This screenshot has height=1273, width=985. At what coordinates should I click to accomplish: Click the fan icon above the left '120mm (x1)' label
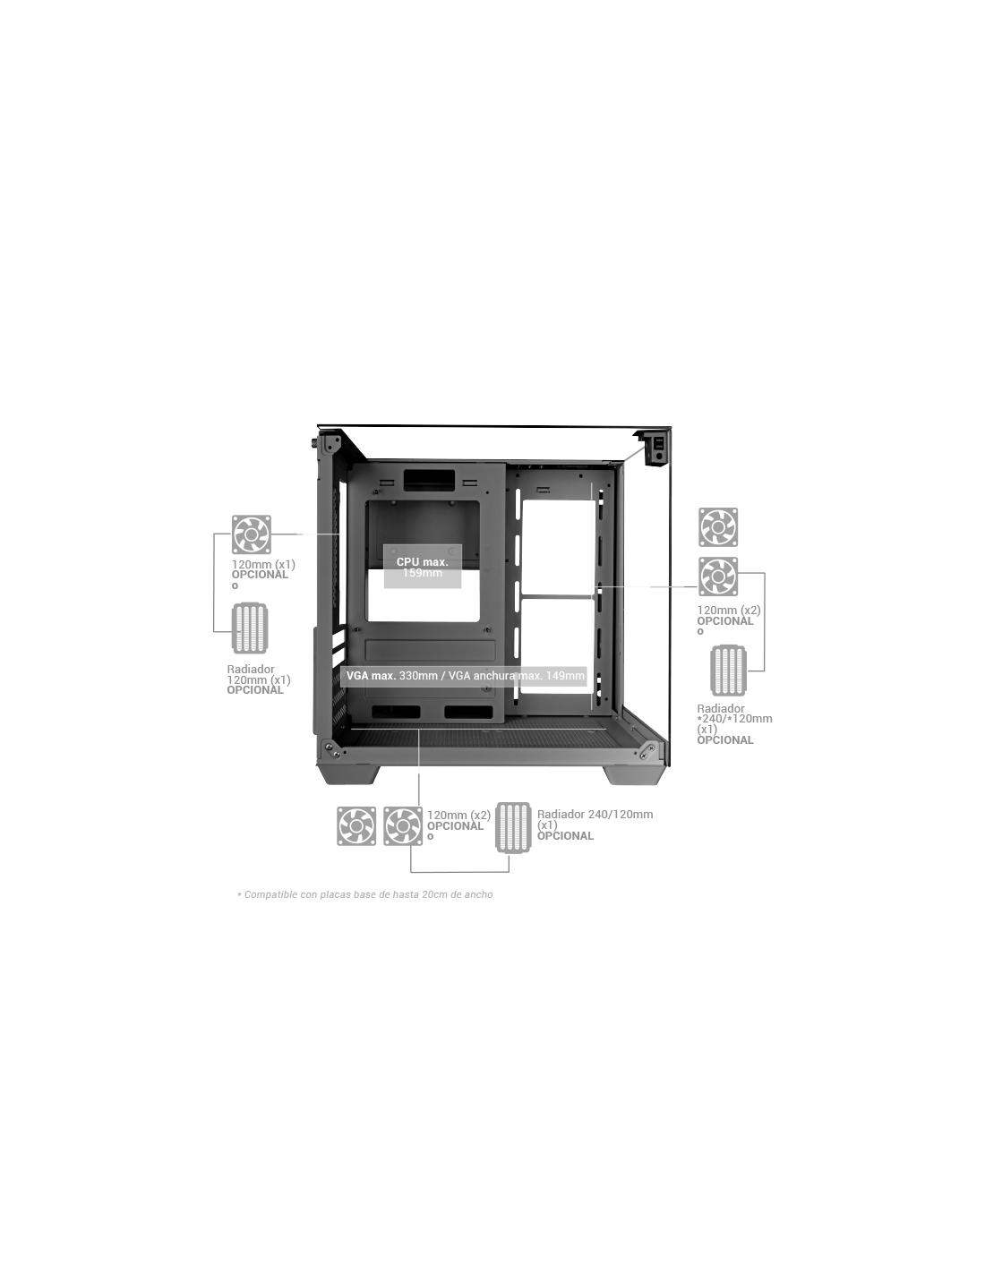[251, 534]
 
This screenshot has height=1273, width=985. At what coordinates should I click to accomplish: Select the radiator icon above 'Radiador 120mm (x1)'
[250, 628]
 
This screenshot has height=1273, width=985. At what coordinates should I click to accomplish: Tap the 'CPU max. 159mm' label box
[422, 566]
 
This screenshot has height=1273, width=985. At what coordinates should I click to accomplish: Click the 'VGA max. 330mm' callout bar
[463, 676]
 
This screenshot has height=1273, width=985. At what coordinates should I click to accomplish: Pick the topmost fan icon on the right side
[717, 526]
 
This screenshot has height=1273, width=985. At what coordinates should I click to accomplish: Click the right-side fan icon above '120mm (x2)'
[717, 577]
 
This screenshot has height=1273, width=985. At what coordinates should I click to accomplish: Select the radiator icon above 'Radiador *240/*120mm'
[727, 670]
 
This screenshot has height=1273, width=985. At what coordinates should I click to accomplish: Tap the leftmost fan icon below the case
[355, 825]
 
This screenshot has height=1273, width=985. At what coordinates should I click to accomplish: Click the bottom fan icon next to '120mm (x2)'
[403, 825]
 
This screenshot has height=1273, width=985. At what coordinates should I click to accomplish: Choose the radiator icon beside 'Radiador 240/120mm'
[512, 826]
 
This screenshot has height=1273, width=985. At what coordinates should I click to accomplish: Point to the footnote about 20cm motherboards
[364, 894]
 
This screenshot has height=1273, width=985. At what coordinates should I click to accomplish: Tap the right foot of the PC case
[634, 774]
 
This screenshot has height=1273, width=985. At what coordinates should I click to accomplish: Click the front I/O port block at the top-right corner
[654, 449]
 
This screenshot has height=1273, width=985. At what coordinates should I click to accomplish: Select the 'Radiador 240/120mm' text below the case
[595, 814]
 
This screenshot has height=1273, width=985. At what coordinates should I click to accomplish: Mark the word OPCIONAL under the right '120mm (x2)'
[724, 621]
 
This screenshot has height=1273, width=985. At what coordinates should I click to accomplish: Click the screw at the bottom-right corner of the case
[650, 748]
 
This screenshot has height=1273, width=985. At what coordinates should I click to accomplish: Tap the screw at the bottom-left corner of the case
[329, 747]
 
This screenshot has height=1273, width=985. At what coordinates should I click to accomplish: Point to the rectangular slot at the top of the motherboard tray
[429, 480]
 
